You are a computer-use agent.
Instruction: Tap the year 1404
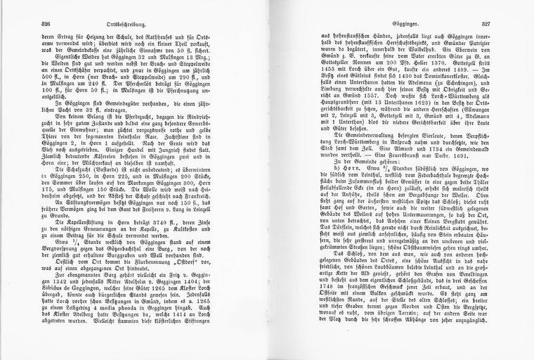pyautogui.click(x=208, y=298)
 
